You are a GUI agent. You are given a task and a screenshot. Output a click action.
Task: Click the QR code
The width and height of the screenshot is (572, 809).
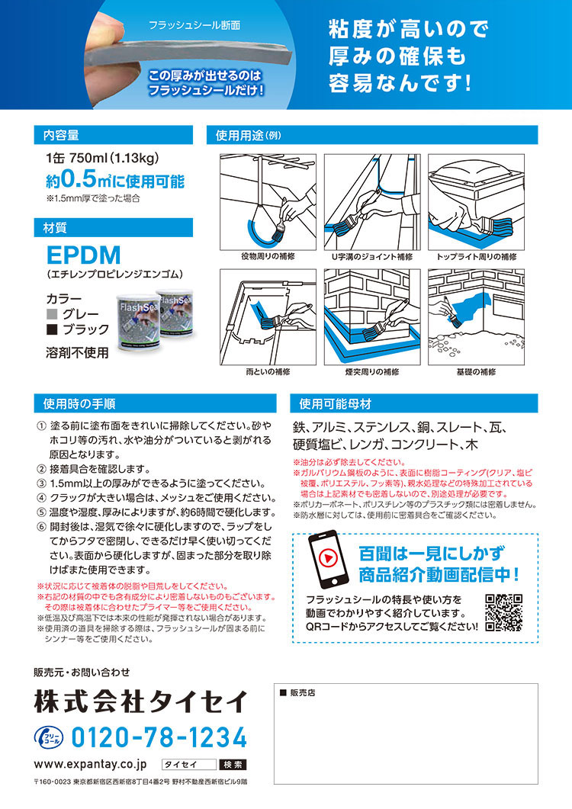[503, 612]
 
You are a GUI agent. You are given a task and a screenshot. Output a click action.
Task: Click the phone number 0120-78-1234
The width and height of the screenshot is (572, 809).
[159, 737]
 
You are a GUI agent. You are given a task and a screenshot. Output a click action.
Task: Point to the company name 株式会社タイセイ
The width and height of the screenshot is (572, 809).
[141, 700]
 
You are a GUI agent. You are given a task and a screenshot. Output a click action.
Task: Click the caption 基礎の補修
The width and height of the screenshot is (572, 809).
[477, 371]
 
